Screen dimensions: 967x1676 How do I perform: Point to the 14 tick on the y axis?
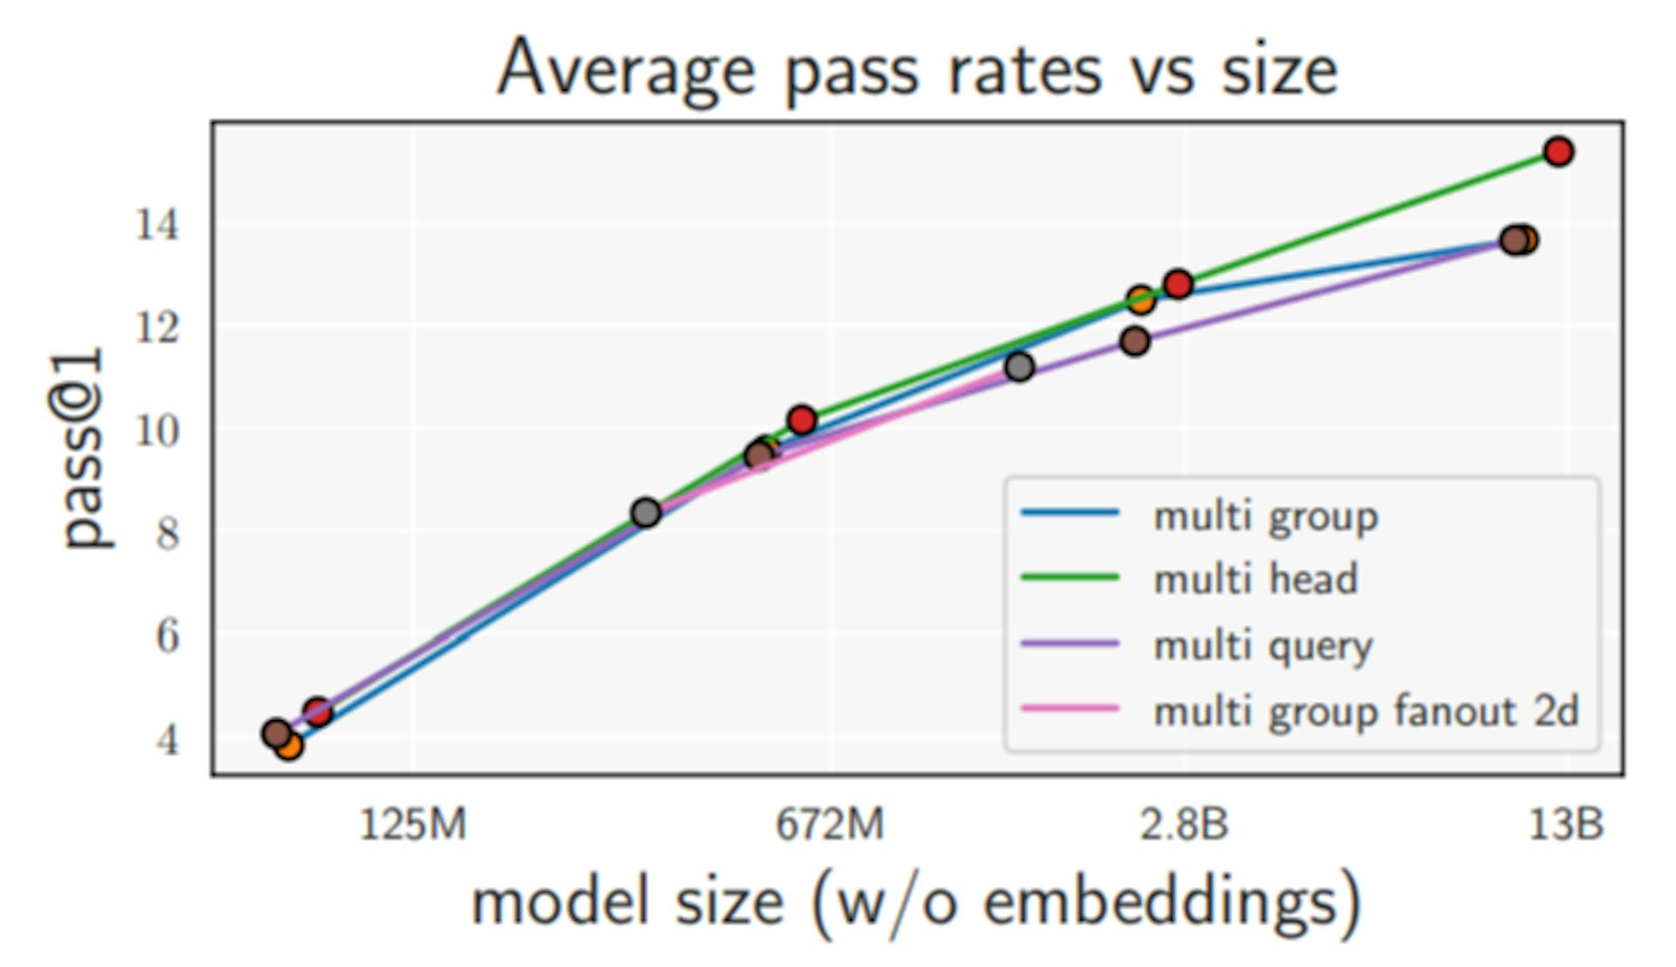[157, 225]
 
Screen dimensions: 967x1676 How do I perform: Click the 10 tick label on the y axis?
[157, 430]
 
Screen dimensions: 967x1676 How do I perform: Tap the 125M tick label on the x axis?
[413, 824]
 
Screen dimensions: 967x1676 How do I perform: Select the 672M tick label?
[829, 824]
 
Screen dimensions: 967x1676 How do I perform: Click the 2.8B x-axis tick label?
[1184, 824]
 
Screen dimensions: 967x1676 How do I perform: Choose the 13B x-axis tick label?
[1566, 824]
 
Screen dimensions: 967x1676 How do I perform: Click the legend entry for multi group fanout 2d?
[1366, 711]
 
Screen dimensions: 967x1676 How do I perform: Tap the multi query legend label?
[1263, 646]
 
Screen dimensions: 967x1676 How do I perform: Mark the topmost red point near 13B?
[1558, 152]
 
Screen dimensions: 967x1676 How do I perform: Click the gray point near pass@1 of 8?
[646, 512]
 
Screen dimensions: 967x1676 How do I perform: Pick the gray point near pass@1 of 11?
[1020, 367]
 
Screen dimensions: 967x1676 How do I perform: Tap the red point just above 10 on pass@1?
[801, 421]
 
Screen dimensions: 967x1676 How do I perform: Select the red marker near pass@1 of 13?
[1178, 284]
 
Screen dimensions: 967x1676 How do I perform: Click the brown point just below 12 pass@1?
[1135, 341]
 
